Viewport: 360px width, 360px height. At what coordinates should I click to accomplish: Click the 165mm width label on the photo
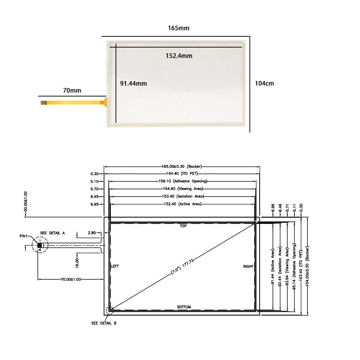(x=179, y=28)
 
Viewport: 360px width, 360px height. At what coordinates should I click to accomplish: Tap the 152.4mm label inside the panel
(x=179, y=56)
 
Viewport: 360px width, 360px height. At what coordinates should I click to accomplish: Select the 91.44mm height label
(x=134, y=84)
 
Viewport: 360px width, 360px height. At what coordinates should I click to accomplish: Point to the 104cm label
(x=265, y=84)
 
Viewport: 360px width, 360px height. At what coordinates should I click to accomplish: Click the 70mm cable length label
(x=72, y=90)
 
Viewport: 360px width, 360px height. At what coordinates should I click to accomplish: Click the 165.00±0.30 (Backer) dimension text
(x=181, y=166)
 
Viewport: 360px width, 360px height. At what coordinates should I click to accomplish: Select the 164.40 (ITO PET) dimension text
(x=182, y=174)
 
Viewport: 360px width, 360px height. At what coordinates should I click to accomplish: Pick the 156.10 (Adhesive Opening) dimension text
(x=183, y=181)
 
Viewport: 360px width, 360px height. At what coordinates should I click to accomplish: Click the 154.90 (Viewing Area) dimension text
(x=183, y=189)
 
